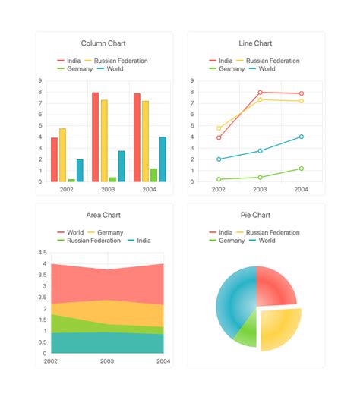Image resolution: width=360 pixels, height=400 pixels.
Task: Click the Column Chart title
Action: (104, 43)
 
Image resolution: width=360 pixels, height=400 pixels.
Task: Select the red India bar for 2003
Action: (95, 137)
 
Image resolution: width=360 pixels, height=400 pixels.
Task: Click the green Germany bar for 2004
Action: (153, 175)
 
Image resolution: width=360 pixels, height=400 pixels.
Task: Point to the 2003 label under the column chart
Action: (108, 190)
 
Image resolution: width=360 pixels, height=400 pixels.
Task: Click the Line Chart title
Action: (256, 43)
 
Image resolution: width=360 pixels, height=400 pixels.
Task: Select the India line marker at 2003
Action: (261, 93)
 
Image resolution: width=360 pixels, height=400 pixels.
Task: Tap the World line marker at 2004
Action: (302, 137)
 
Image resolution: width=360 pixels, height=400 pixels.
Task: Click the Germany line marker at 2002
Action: (219, 179)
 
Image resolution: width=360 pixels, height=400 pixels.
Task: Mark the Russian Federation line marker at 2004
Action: (302, 101)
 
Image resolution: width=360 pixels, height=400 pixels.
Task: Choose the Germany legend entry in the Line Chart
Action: (231, 69)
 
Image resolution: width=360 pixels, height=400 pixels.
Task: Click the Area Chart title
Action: (104, 215)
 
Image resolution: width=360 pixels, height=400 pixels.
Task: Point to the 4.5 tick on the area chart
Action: (43, 253)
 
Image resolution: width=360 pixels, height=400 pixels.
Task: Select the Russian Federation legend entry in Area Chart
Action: (91, 241)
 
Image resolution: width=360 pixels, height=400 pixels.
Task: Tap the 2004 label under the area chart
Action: (163, 361)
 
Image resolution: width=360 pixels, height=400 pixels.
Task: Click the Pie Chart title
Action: (256, 215)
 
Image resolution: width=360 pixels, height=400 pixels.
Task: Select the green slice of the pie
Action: (245, 332)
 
